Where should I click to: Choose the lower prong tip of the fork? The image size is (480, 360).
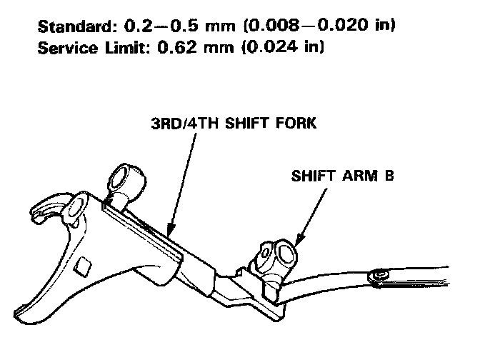click(24, 309)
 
